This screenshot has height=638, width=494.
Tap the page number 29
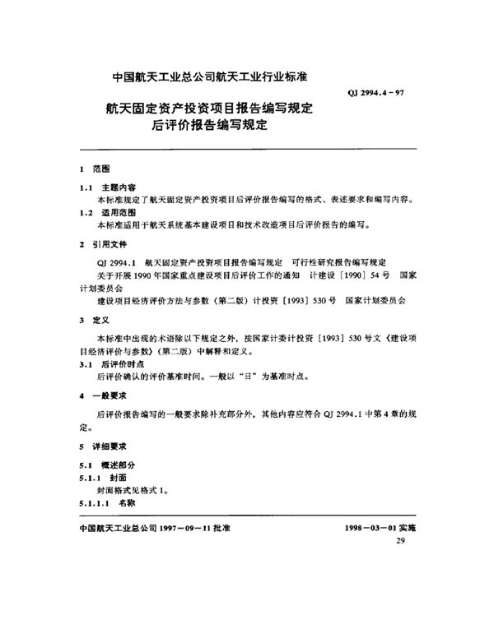click(x=401, y=541)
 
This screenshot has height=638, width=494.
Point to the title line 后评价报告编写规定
click(x=211, y=127)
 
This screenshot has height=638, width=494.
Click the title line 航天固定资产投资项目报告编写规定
click(x=212, y=108)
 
